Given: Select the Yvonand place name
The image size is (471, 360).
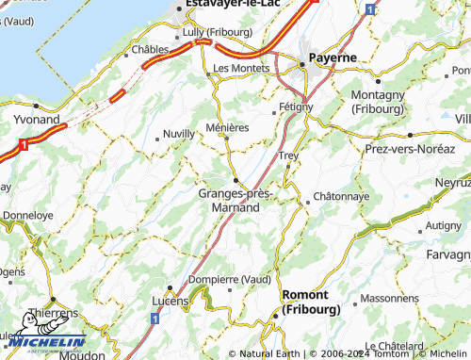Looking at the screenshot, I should pos(39,120).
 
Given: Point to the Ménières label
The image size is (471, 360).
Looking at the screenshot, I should pos(227,127).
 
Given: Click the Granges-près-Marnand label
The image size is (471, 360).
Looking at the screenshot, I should pos(235,200).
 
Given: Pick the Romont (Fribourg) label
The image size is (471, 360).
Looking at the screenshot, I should pos(310,302).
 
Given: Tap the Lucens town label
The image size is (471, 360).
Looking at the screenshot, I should pos(171,301).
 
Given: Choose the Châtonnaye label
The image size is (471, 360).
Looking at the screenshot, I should pos(338,196).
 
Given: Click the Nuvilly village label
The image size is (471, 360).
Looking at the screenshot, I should pos(178,134).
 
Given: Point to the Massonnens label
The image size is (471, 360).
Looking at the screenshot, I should pos(388,298).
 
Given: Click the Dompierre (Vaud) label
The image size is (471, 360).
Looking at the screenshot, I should pos(230,279).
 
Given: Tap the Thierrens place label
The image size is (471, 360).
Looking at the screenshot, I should pos(53,312).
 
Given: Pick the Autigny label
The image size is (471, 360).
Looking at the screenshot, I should pos(443,225).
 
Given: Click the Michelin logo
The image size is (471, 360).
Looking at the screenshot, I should pos(42,342).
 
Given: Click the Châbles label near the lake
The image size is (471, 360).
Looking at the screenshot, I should pos(150,49).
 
